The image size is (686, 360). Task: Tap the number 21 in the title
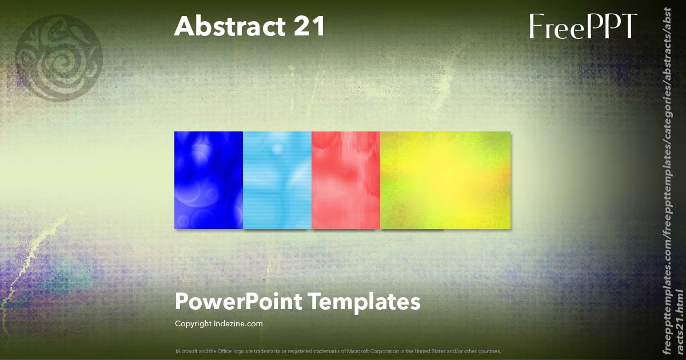(310, 26)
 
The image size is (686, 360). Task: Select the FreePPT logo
(583, 27)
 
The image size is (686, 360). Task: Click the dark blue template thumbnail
(209, 180)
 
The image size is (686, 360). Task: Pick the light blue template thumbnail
(277, 180)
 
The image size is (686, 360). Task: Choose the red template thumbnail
(346, 180)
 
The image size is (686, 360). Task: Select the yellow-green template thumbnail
(445, 180)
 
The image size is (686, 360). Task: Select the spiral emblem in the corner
(59, 57)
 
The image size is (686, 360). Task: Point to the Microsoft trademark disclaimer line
(338, 351)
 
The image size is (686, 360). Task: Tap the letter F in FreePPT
(536, 27)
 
